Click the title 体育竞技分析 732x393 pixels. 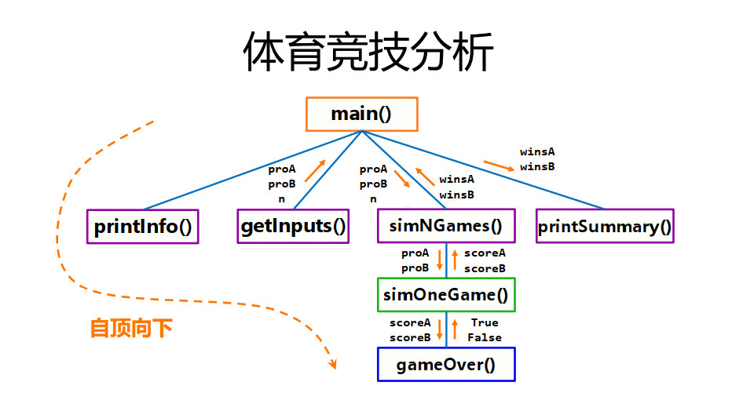click(x=368, y=52)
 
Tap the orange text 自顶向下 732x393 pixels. click(x=131, y=328)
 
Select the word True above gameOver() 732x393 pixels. click(x=485, y=322)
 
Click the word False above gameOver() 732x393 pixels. click(x=485, y=337)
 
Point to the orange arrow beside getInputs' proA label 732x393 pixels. click(x=315, y=171)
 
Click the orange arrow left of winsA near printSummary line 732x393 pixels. click(x=499, y=166)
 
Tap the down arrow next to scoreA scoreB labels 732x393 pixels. click(x=439, y=329)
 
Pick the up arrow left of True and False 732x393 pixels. click(x=455, y=329)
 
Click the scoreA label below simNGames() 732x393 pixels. click(x=485, y=253)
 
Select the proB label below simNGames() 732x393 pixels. click(x=415, y=268)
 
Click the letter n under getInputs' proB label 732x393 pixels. click(x=281, y=199)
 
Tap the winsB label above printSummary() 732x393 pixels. click(x=537, y=166)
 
